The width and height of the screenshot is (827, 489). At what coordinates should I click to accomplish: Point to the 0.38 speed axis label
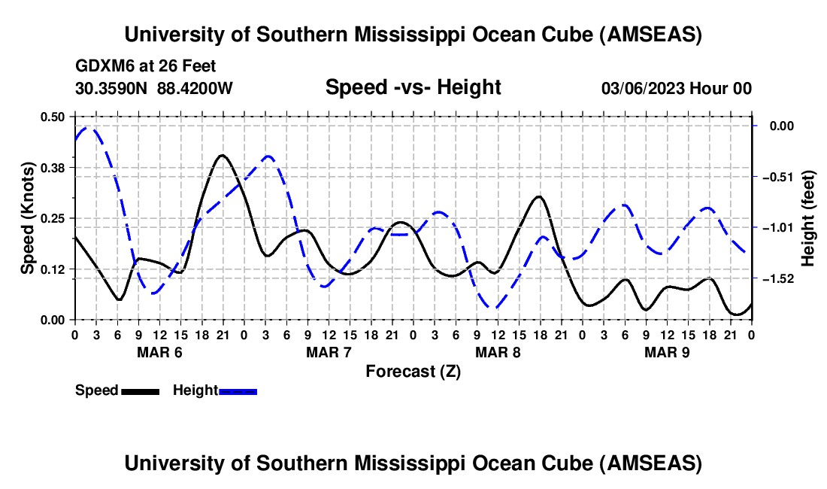click(x=54, y=167)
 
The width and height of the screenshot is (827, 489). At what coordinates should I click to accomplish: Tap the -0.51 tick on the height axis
click(x=753, y=178)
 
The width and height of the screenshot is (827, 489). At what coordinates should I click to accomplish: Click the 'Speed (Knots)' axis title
click(x=28, y=217)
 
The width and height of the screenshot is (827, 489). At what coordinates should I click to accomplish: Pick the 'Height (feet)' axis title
click(x=808, y=218)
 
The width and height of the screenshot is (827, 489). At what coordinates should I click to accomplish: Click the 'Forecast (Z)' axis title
click(x=413, y=371)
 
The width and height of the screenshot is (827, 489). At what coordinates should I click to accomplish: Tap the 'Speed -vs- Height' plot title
click(x=413, y=88)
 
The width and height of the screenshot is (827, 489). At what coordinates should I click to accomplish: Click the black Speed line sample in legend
click(x=141, y=390)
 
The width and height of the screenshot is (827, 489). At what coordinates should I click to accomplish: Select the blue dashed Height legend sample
click(x=238, y=390)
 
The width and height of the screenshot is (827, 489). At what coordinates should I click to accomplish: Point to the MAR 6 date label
click(x=159, y=352)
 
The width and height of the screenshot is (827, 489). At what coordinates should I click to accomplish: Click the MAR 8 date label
click(x=498, y=352)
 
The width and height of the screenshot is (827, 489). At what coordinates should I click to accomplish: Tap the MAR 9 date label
click(x=667, y=352)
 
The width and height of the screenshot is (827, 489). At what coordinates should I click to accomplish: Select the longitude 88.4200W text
click(x=195, y=88)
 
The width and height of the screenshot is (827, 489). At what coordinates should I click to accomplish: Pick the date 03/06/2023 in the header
click(x=644, y=88)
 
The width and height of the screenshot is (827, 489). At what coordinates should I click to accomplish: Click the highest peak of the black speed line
click(x=222, y=155)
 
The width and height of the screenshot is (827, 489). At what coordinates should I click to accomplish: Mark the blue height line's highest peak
click(x=89, y=128)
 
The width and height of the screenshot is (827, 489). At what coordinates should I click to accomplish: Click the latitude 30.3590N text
click(x=113, y=88)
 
